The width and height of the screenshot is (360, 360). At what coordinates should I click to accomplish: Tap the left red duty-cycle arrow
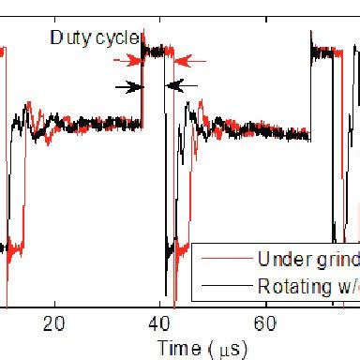pyautogui.click(x=127, y=60)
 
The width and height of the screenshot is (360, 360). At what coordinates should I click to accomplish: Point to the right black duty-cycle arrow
pyautogui.click(x=186, y=86)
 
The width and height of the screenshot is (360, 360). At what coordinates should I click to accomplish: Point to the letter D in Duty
pyautogui.click(x=54, y=38)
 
